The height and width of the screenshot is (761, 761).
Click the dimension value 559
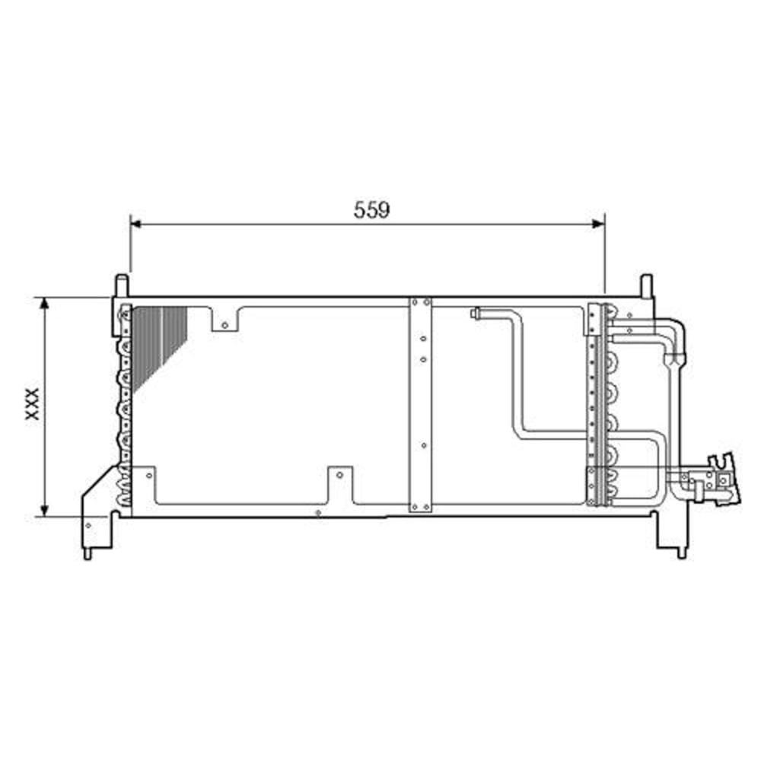[x=371, y=210]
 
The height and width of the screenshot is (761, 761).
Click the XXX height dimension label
[x=32, y=404]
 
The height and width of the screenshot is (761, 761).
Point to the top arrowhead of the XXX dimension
[x=45, y=303]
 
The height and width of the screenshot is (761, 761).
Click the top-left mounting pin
[x=120, y=285]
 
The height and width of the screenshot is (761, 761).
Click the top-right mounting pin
[x=645, y=285]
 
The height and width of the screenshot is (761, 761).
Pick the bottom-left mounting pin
[x=88, y=552]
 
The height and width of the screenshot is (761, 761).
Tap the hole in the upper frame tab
[x=224, y=326]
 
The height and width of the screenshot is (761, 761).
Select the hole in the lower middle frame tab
[x=340, y=476]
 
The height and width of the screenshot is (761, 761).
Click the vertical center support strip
[x=421, y=403]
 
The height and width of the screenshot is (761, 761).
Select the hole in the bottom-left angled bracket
[x=89, y=524]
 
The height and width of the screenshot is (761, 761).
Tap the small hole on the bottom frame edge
[x=318, y=513]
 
